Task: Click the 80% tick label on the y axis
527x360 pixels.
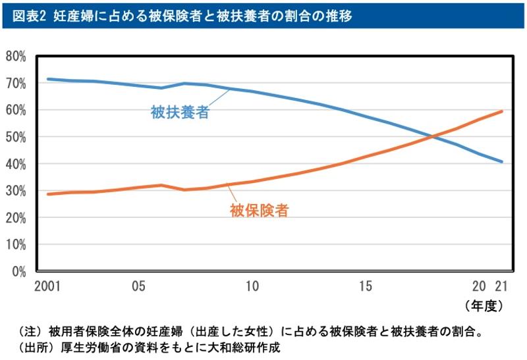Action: (16, 57)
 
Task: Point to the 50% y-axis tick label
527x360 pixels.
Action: (16, 137)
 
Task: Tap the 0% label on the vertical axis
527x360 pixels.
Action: (18, 270)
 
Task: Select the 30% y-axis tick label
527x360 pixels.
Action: (16, 191)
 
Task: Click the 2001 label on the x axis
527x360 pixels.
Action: (46, 287)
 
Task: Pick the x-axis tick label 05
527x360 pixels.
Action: (138, 287)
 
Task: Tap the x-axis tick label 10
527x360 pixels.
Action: (251, 287)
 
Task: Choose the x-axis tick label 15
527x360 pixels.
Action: (366, 287)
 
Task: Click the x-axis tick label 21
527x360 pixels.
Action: (503, 287)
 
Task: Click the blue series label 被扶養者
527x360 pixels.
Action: (180, 112)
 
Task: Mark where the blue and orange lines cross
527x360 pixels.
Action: (433, 137)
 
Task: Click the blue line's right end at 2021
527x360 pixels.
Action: (502, 162)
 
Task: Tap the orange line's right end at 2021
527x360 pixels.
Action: (502, 111)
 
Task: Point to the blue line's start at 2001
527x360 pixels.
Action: (47, 79)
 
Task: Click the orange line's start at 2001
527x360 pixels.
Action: (47, 194)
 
